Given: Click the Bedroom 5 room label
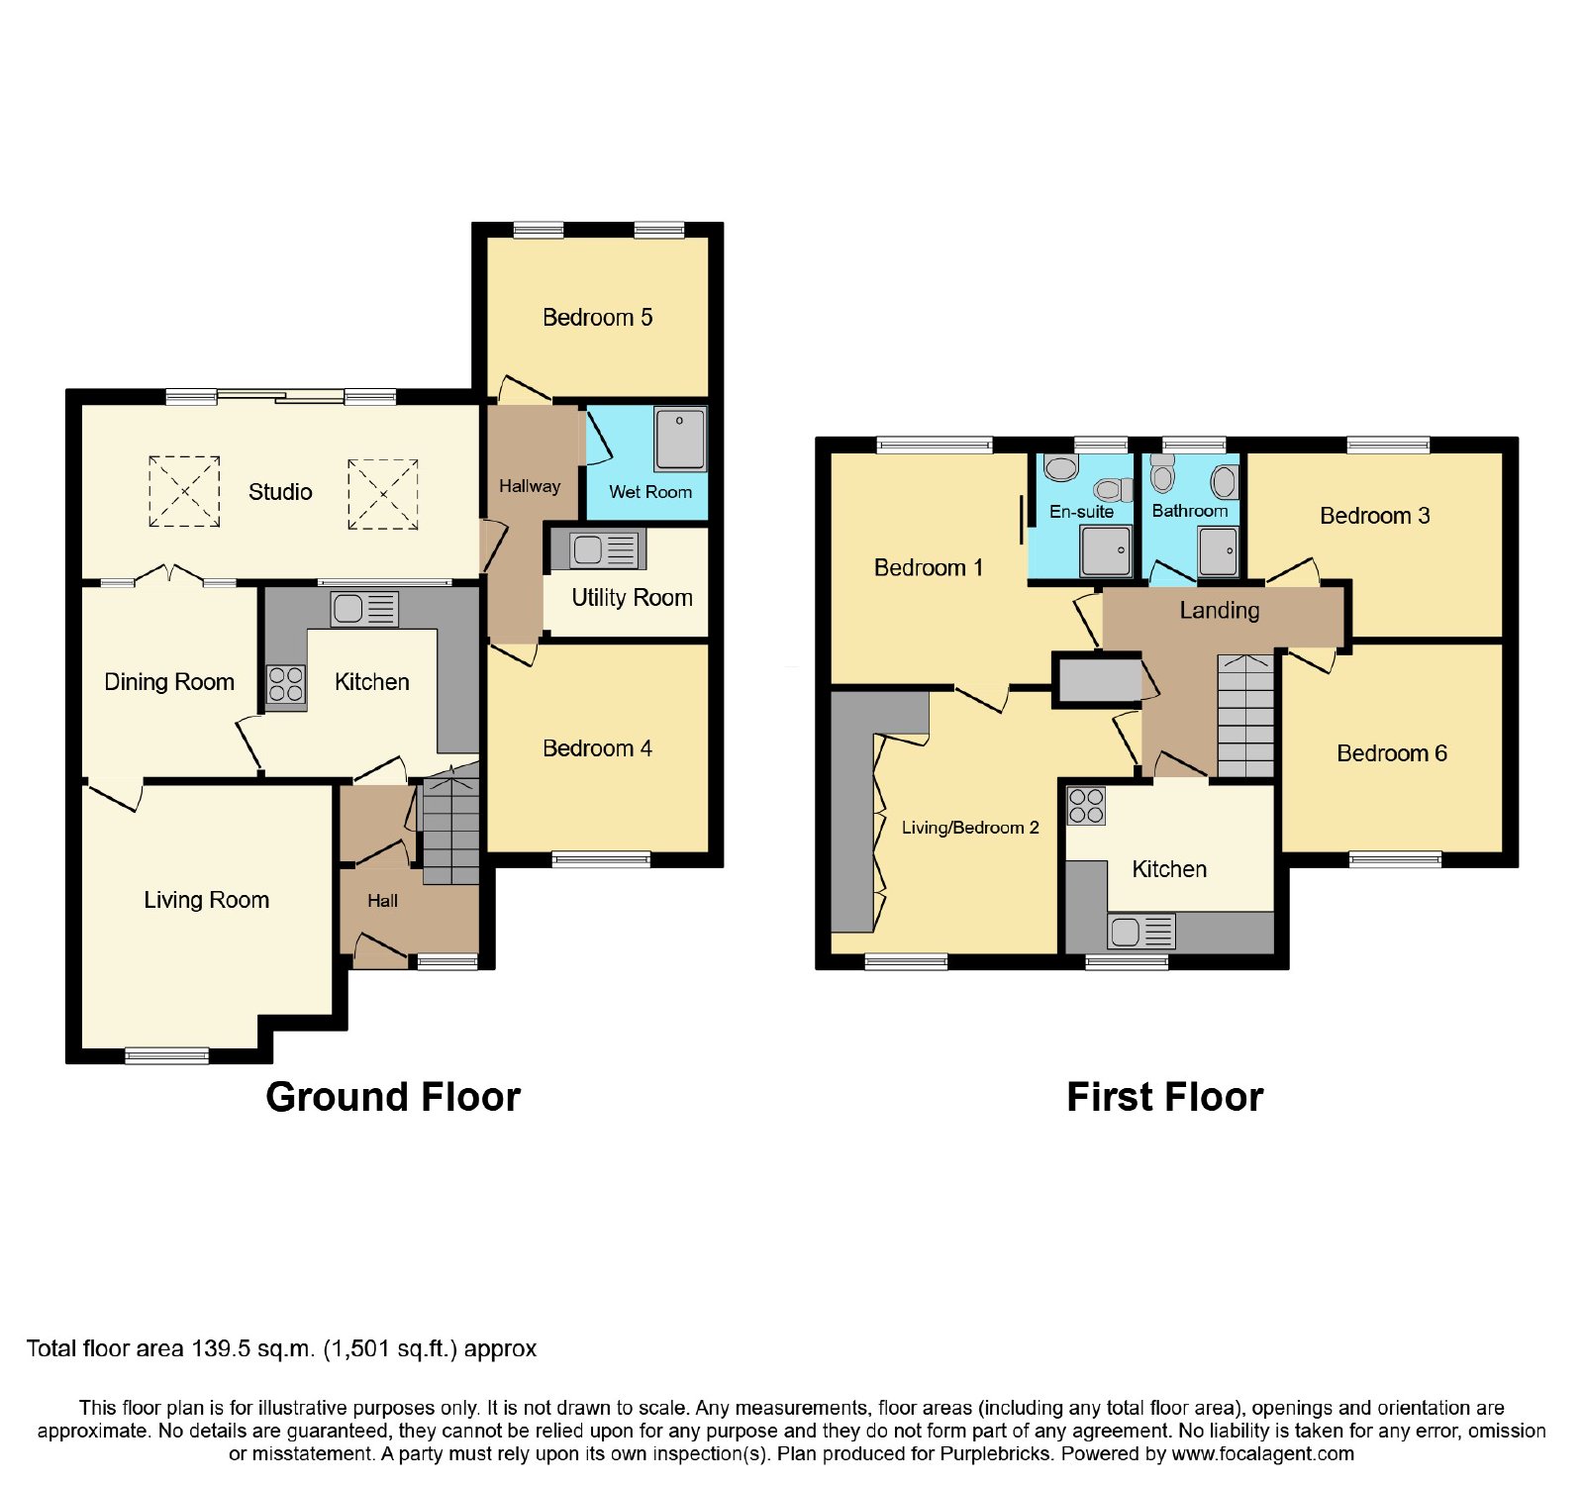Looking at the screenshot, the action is pos(597,317).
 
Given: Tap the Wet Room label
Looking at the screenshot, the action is pos(650,492).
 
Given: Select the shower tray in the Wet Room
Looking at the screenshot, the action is pos(680,438).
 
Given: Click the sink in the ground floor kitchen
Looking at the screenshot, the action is pos(364,609).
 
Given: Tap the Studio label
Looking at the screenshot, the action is pos(280,492).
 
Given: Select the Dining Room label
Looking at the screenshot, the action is pos(169,682).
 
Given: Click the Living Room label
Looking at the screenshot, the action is pos(206,900).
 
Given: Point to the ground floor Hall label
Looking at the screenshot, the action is pos(382,901).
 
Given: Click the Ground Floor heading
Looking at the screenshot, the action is pos(393,1098).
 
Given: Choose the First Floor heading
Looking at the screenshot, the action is pos(1165,1098).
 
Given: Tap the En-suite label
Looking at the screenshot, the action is pos(1081,512).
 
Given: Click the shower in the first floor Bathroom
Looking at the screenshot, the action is pos(1218,550).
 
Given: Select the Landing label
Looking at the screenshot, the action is pos(1220,611).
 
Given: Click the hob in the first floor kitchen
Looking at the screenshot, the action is pos(1086,806).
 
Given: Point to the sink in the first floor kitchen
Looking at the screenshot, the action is pos(1141,932).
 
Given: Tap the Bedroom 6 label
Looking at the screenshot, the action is pos(1392,753).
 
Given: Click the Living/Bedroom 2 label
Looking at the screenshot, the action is pos(970,828).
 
